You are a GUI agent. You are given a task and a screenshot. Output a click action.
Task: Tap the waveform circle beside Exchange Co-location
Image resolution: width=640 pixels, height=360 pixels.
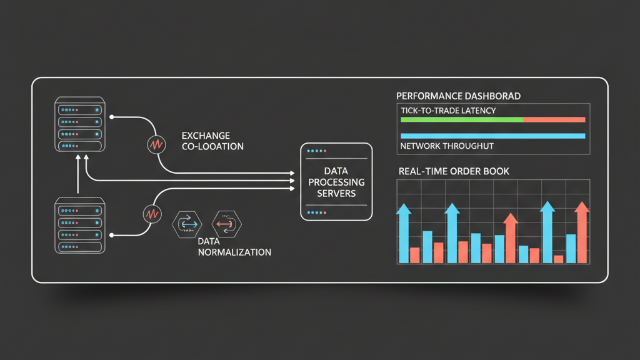[x=154, y=144]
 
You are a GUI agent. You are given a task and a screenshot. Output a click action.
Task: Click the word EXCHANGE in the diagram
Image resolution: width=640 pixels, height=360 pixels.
[x=206, y=135]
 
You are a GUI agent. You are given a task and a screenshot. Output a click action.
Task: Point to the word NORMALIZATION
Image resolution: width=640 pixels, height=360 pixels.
[x=234, y=252]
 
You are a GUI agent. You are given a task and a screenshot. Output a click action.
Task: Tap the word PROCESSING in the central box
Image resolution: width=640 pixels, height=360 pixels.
[x=336, y=182]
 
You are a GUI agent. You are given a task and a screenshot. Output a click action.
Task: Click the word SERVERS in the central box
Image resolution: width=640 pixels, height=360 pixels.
[x=336, y=193]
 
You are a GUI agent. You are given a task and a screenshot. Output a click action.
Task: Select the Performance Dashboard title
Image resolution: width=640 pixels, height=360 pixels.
[x=458, y=96]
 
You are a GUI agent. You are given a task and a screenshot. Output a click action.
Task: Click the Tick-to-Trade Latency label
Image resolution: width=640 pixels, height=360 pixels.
[x=447, y=111]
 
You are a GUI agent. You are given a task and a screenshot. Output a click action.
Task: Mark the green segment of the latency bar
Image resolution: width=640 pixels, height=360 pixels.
[x=461, y=119]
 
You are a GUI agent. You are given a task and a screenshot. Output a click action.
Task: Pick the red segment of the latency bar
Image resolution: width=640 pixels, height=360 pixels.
[x=554, y=119]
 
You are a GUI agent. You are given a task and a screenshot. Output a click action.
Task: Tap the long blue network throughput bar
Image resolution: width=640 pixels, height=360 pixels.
[x=492, y=136]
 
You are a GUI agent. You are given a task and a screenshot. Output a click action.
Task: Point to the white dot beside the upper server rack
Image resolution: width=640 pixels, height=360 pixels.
[x=111, y=116]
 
